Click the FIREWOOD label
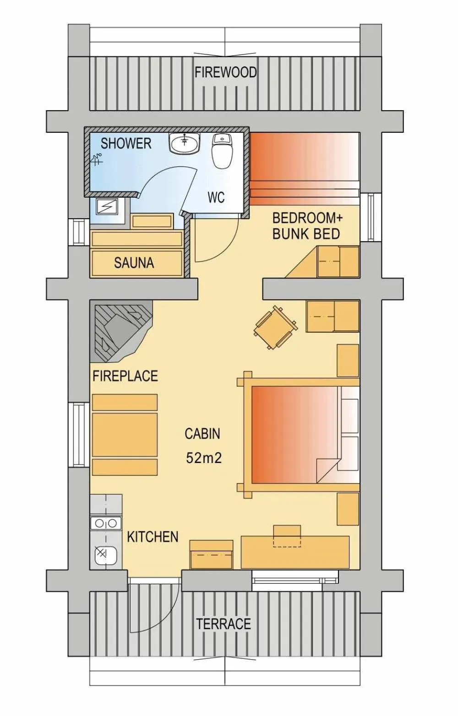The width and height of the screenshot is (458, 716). [225, 72]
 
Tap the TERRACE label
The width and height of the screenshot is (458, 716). [224, 624]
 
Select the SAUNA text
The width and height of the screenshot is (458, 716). [134, 263]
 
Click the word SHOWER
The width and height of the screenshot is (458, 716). [126, 143]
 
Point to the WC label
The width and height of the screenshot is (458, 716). [216, 197]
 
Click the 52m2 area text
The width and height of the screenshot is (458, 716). [204, 458]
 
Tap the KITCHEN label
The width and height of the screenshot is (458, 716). [153, 537]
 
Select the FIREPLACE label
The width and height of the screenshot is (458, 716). [125, 376]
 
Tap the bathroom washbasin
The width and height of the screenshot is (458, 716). [185, 144]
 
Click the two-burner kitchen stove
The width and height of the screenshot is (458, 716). [105, 523]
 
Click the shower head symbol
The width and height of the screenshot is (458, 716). [97, 159]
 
